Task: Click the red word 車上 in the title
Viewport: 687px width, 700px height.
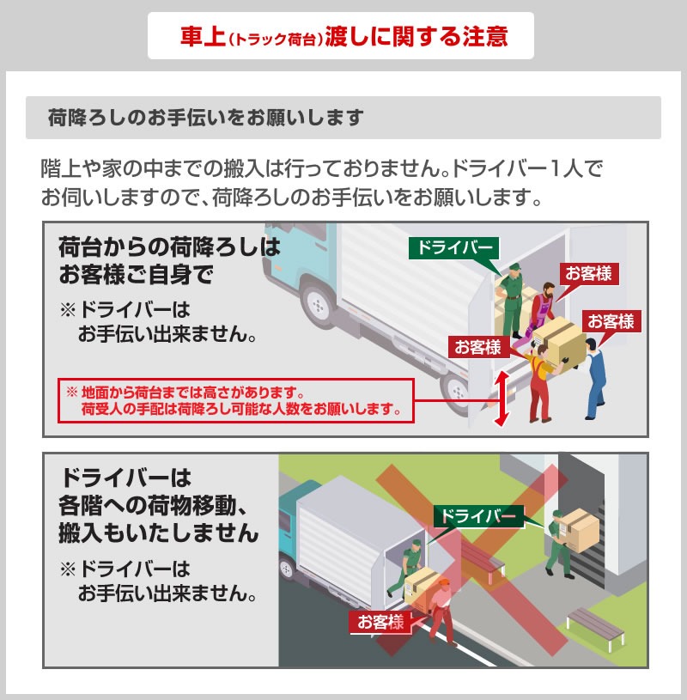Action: point(202,37)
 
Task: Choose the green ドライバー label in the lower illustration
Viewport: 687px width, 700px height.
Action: point(478,516)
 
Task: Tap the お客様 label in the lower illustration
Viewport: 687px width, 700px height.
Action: point(380,622)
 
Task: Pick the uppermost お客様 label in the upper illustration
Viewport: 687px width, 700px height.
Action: point(588,274)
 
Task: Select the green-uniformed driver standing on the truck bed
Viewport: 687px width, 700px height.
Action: point(513,297)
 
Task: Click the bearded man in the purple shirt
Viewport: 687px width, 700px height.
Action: point(544,306)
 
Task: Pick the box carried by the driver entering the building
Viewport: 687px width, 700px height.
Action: point(579,530)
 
